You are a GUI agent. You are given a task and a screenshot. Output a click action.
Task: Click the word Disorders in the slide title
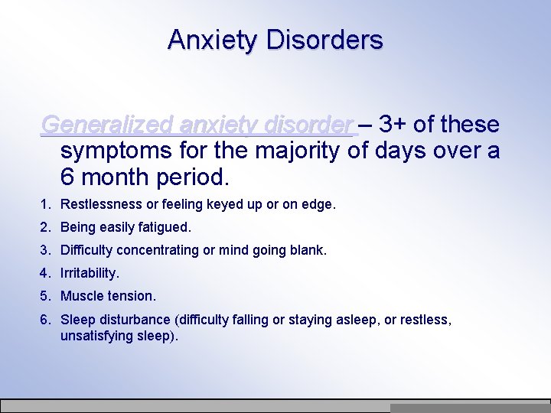324,39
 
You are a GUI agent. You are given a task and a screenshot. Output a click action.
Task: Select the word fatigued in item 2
162,227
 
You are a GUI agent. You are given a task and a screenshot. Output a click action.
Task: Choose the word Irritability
90,273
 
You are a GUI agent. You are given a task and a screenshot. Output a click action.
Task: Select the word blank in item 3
308,250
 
